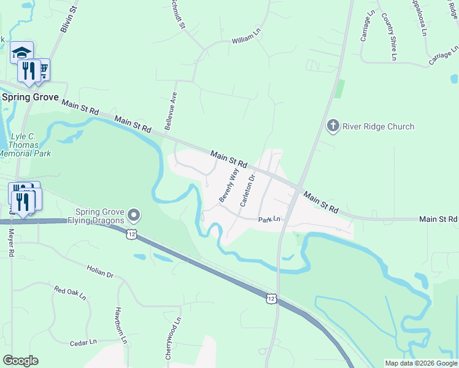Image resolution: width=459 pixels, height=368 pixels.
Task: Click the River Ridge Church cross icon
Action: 333,126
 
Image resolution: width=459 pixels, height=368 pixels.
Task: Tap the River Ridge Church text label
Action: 378,127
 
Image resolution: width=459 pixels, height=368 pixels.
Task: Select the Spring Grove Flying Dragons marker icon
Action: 135,215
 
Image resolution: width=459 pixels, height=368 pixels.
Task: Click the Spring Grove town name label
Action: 29,97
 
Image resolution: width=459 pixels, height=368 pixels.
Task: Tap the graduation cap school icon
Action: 21,52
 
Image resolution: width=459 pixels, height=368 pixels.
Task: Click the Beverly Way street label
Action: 228,186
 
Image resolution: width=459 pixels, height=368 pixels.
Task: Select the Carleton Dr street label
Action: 247,190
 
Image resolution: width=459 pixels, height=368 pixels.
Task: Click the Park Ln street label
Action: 269,220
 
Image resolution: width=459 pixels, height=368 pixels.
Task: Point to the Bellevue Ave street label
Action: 171,111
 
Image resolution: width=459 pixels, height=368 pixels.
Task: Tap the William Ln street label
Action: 246,40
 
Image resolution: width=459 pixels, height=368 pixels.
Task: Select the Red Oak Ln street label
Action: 71,293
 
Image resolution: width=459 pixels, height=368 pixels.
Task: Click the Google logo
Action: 20,361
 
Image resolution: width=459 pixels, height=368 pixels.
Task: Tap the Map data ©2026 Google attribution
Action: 421,363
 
